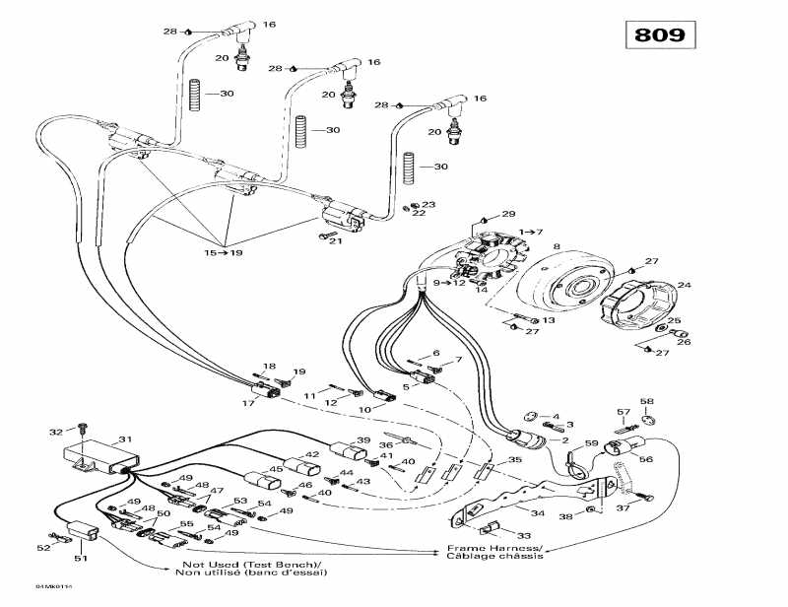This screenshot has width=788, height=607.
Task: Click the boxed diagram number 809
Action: click(x=660, y=34)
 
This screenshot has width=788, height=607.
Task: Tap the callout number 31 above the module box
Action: click(x=124, y=439)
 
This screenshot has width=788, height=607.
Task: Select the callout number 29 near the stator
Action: click(x=509, y=214)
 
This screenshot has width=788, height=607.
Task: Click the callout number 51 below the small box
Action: click(x=79, y=559)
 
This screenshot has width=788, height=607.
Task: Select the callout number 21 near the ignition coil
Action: click(x=334, y=242)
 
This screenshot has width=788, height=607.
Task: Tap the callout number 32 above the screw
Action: click(x=55, y=431)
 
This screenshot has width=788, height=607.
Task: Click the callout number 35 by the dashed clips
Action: click(x=514, y=461)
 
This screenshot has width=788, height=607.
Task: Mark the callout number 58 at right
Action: click(x=675, y=401)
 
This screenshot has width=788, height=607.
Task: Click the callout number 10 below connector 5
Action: click(x=365, y=409)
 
